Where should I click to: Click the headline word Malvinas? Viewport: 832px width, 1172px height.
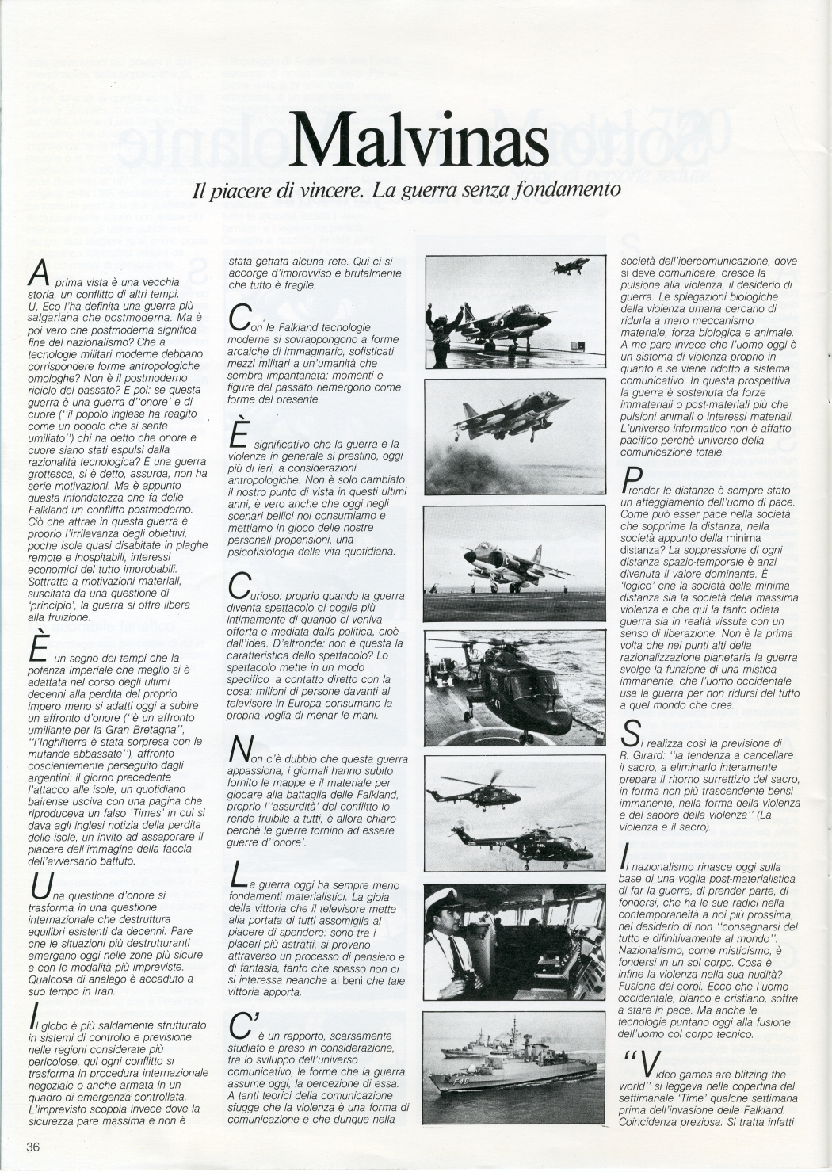[x=419, y=139]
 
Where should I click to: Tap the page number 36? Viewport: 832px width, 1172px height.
[x=32, y=1147]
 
